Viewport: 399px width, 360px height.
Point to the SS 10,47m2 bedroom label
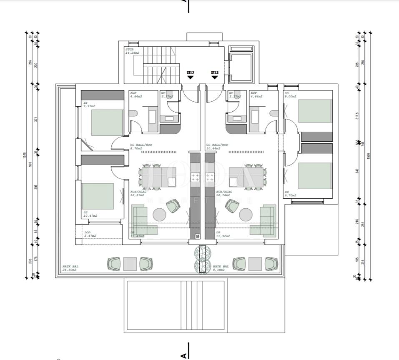(90, 214)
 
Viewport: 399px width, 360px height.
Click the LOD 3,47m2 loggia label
(90, 234)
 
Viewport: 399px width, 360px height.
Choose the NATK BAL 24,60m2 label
(70, 268)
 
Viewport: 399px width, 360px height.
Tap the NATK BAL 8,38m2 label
(221, 268)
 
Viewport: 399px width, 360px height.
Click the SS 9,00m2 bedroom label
(290, 95)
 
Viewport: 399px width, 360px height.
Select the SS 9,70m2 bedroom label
(290, 193)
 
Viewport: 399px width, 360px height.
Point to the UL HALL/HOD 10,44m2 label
(217, 147)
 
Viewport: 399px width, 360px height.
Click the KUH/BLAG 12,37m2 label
(137, 193)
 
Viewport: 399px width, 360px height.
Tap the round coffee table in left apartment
(159, 215)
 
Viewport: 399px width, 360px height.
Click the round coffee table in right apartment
(246, 215)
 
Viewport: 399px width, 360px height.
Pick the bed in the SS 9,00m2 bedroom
(315, 111)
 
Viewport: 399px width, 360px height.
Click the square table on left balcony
(130, 264)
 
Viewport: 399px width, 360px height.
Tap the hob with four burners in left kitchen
(195, 177)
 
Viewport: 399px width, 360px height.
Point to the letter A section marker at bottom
(183, 355)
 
